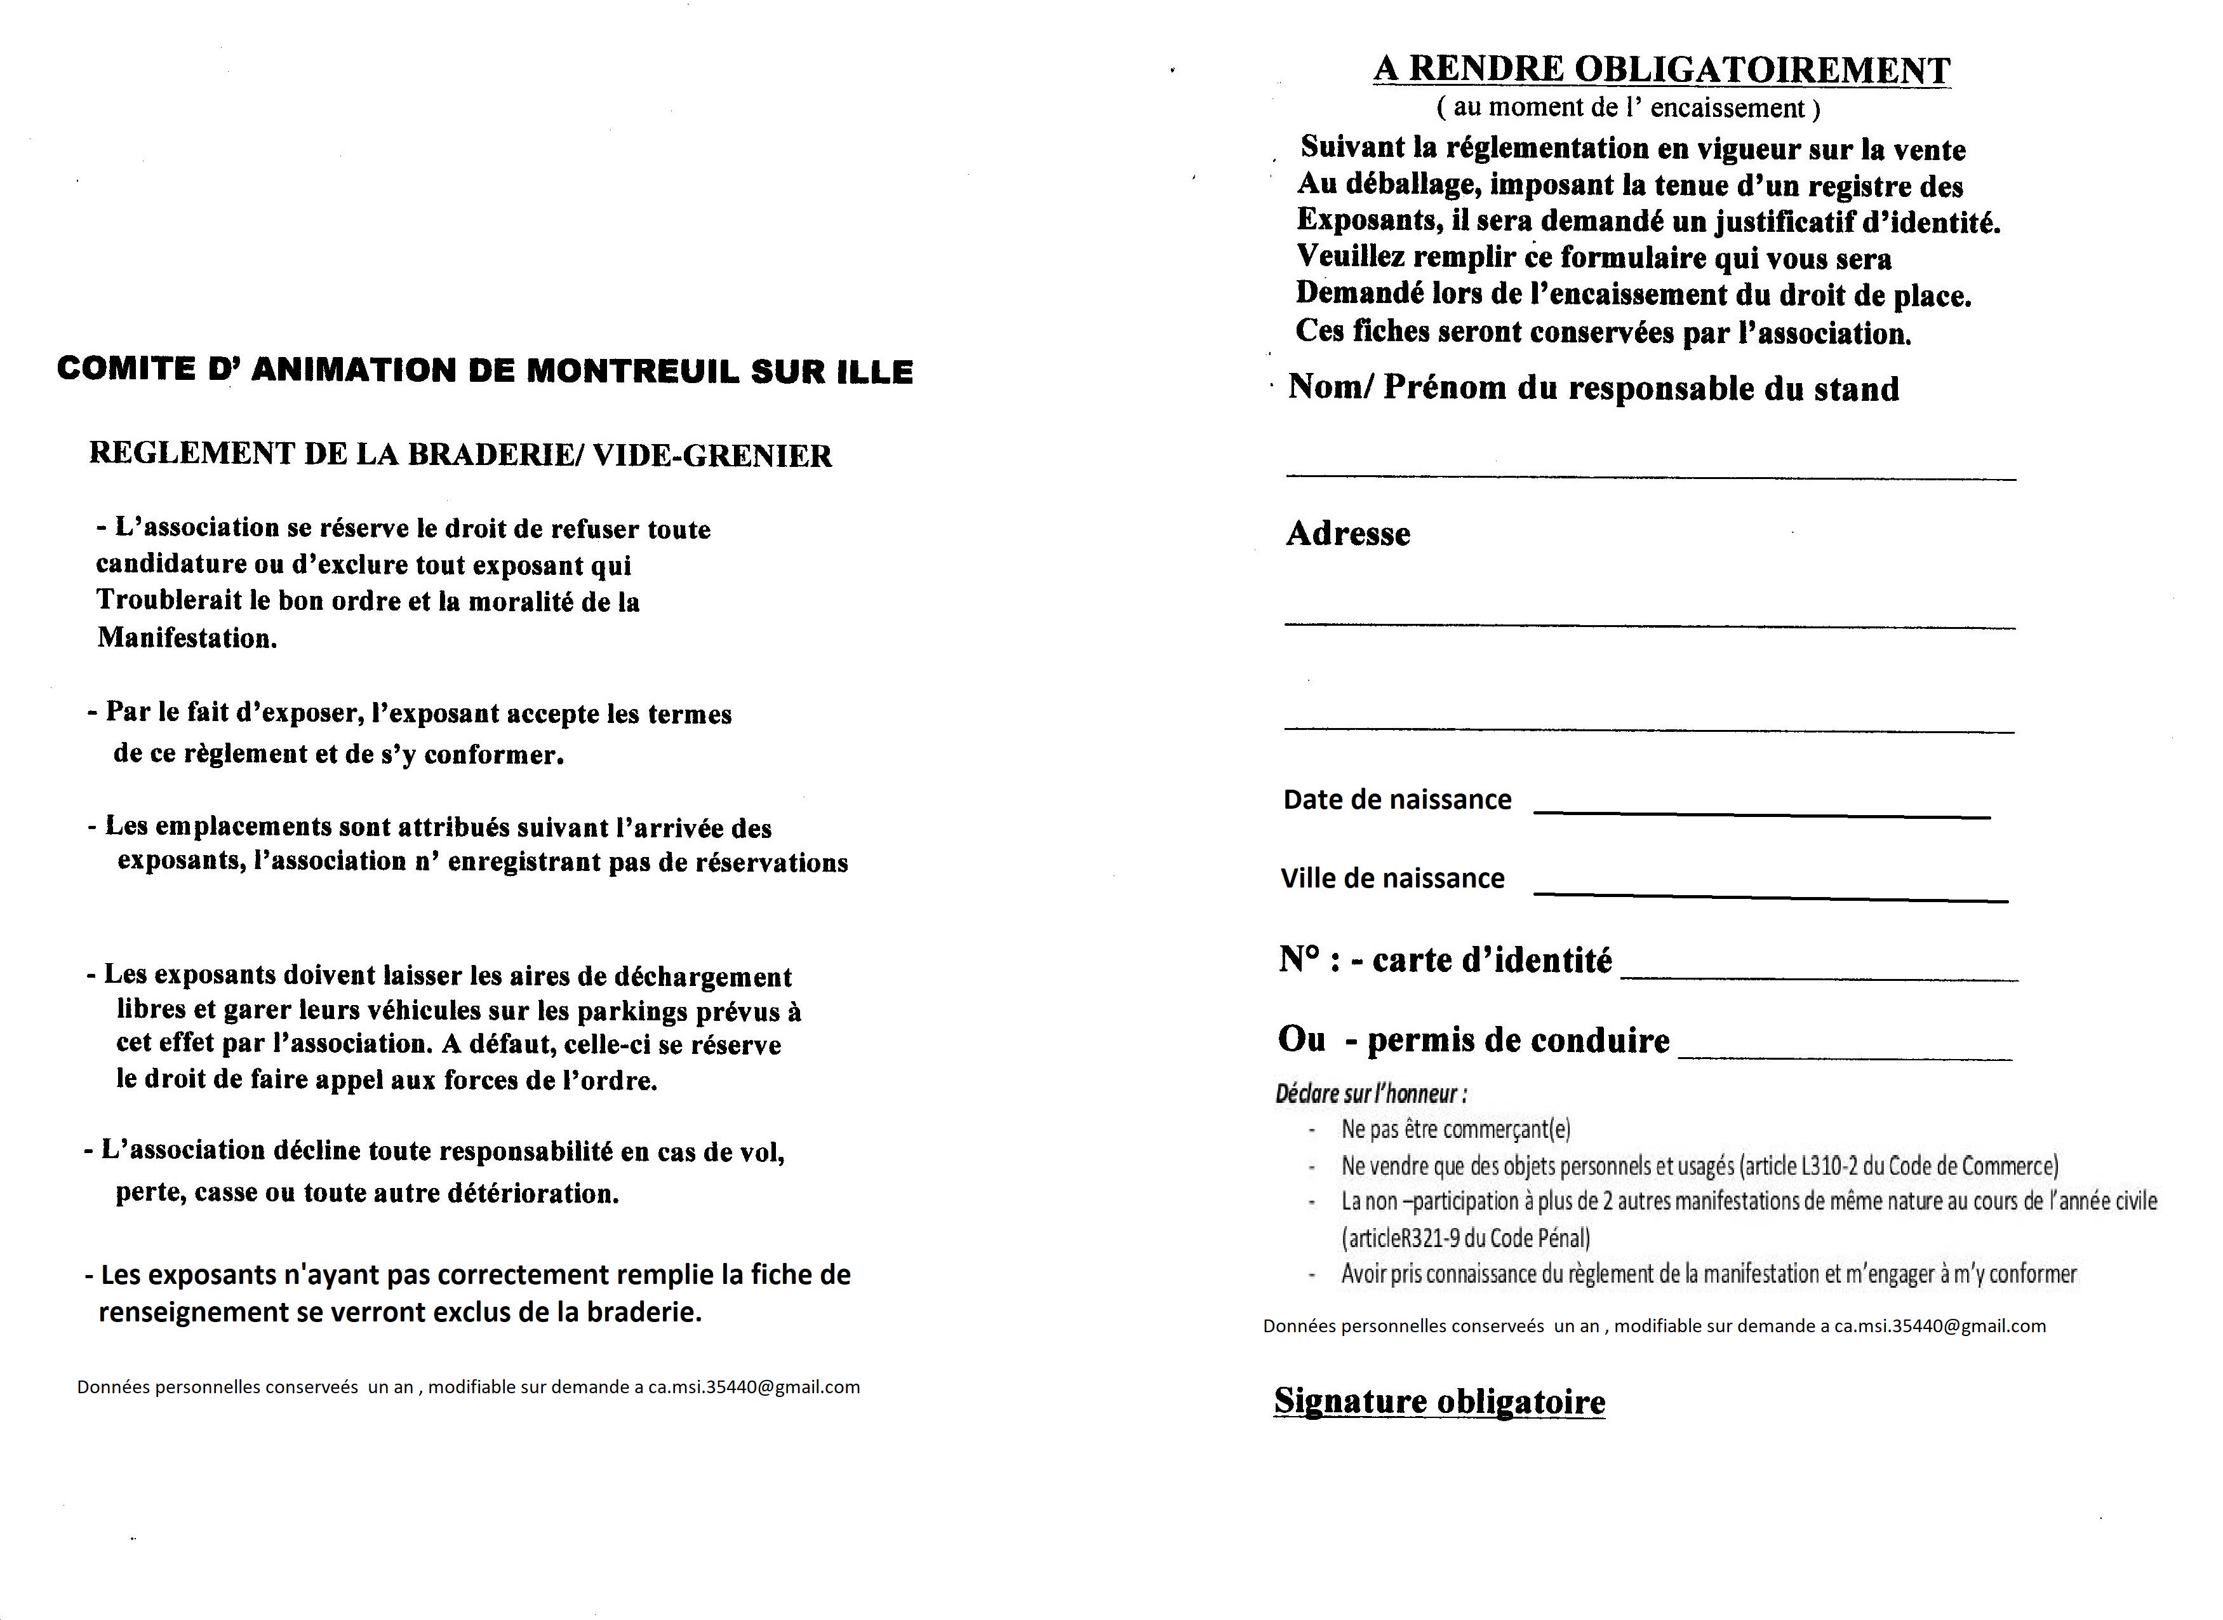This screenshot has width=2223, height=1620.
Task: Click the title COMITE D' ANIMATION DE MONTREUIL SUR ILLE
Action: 485,370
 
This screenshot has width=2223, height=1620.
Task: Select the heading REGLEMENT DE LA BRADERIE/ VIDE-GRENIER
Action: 461,455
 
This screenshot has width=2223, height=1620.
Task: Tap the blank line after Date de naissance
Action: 1761,813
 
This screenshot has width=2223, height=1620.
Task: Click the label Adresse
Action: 1348,534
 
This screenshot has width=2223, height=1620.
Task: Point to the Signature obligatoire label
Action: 1439,1401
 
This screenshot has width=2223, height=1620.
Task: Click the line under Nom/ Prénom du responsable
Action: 1651,475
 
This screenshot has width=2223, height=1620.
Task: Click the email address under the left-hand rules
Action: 754,1387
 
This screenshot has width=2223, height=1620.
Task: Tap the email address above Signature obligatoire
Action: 1940,1326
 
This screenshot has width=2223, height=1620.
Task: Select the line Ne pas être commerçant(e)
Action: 1455,1130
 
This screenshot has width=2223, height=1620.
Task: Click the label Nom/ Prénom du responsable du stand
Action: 1592,388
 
